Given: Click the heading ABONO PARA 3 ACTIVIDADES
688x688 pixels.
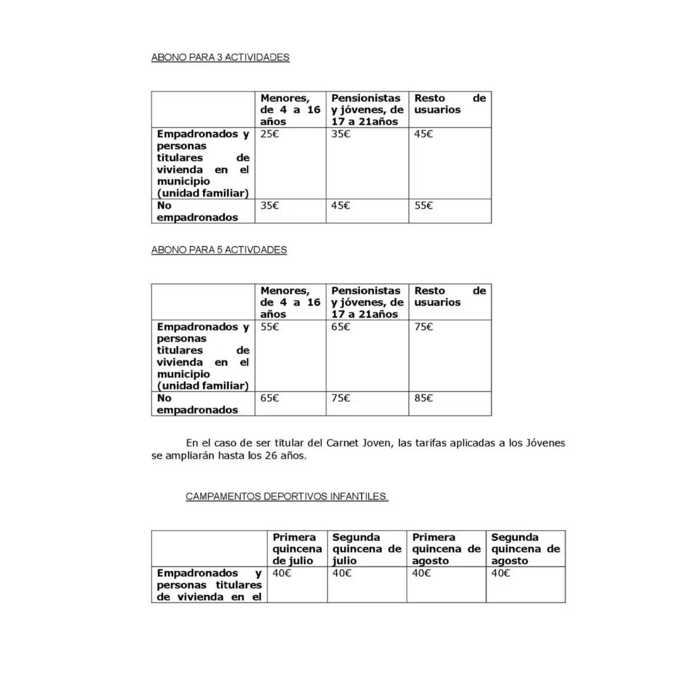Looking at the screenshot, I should tap(220, 57).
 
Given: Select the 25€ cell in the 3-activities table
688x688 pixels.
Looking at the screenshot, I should tap(269, 134).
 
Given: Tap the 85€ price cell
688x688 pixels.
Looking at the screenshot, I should tap(424, 398).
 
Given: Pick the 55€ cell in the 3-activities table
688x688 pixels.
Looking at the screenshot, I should tap(424, 205).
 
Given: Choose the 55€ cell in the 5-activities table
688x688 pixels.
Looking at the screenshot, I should tap(269, 327).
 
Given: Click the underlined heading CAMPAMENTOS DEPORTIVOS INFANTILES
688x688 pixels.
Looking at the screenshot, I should tap(287, 496).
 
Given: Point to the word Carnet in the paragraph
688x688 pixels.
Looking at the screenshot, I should tap(343, 443).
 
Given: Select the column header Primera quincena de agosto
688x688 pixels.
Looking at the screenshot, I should tap(446, 549).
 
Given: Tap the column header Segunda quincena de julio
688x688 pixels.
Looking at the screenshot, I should tap(366, 549).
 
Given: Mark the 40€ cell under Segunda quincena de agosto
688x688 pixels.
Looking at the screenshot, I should tap(501, 573).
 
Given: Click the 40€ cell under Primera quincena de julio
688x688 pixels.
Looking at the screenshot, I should tap(282, 573).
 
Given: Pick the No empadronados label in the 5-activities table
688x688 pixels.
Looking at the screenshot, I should tap(197, 404).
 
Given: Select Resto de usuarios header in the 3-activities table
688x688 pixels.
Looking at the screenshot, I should tap(449, 104).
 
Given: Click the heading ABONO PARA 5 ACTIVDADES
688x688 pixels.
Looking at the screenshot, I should tap(219, 250).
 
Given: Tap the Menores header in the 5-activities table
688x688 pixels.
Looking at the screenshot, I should tap(290, 302).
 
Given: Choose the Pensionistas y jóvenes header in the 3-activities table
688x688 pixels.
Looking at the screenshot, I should tap(367, 110).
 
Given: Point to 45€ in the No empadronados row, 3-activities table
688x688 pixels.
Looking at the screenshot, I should tap(340, 205).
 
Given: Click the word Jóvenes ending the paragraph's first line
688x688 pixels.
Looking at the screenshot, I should tap(545, 443).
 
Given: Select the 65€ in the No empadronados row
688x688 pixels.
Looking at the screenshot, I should tap(269, 398).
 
